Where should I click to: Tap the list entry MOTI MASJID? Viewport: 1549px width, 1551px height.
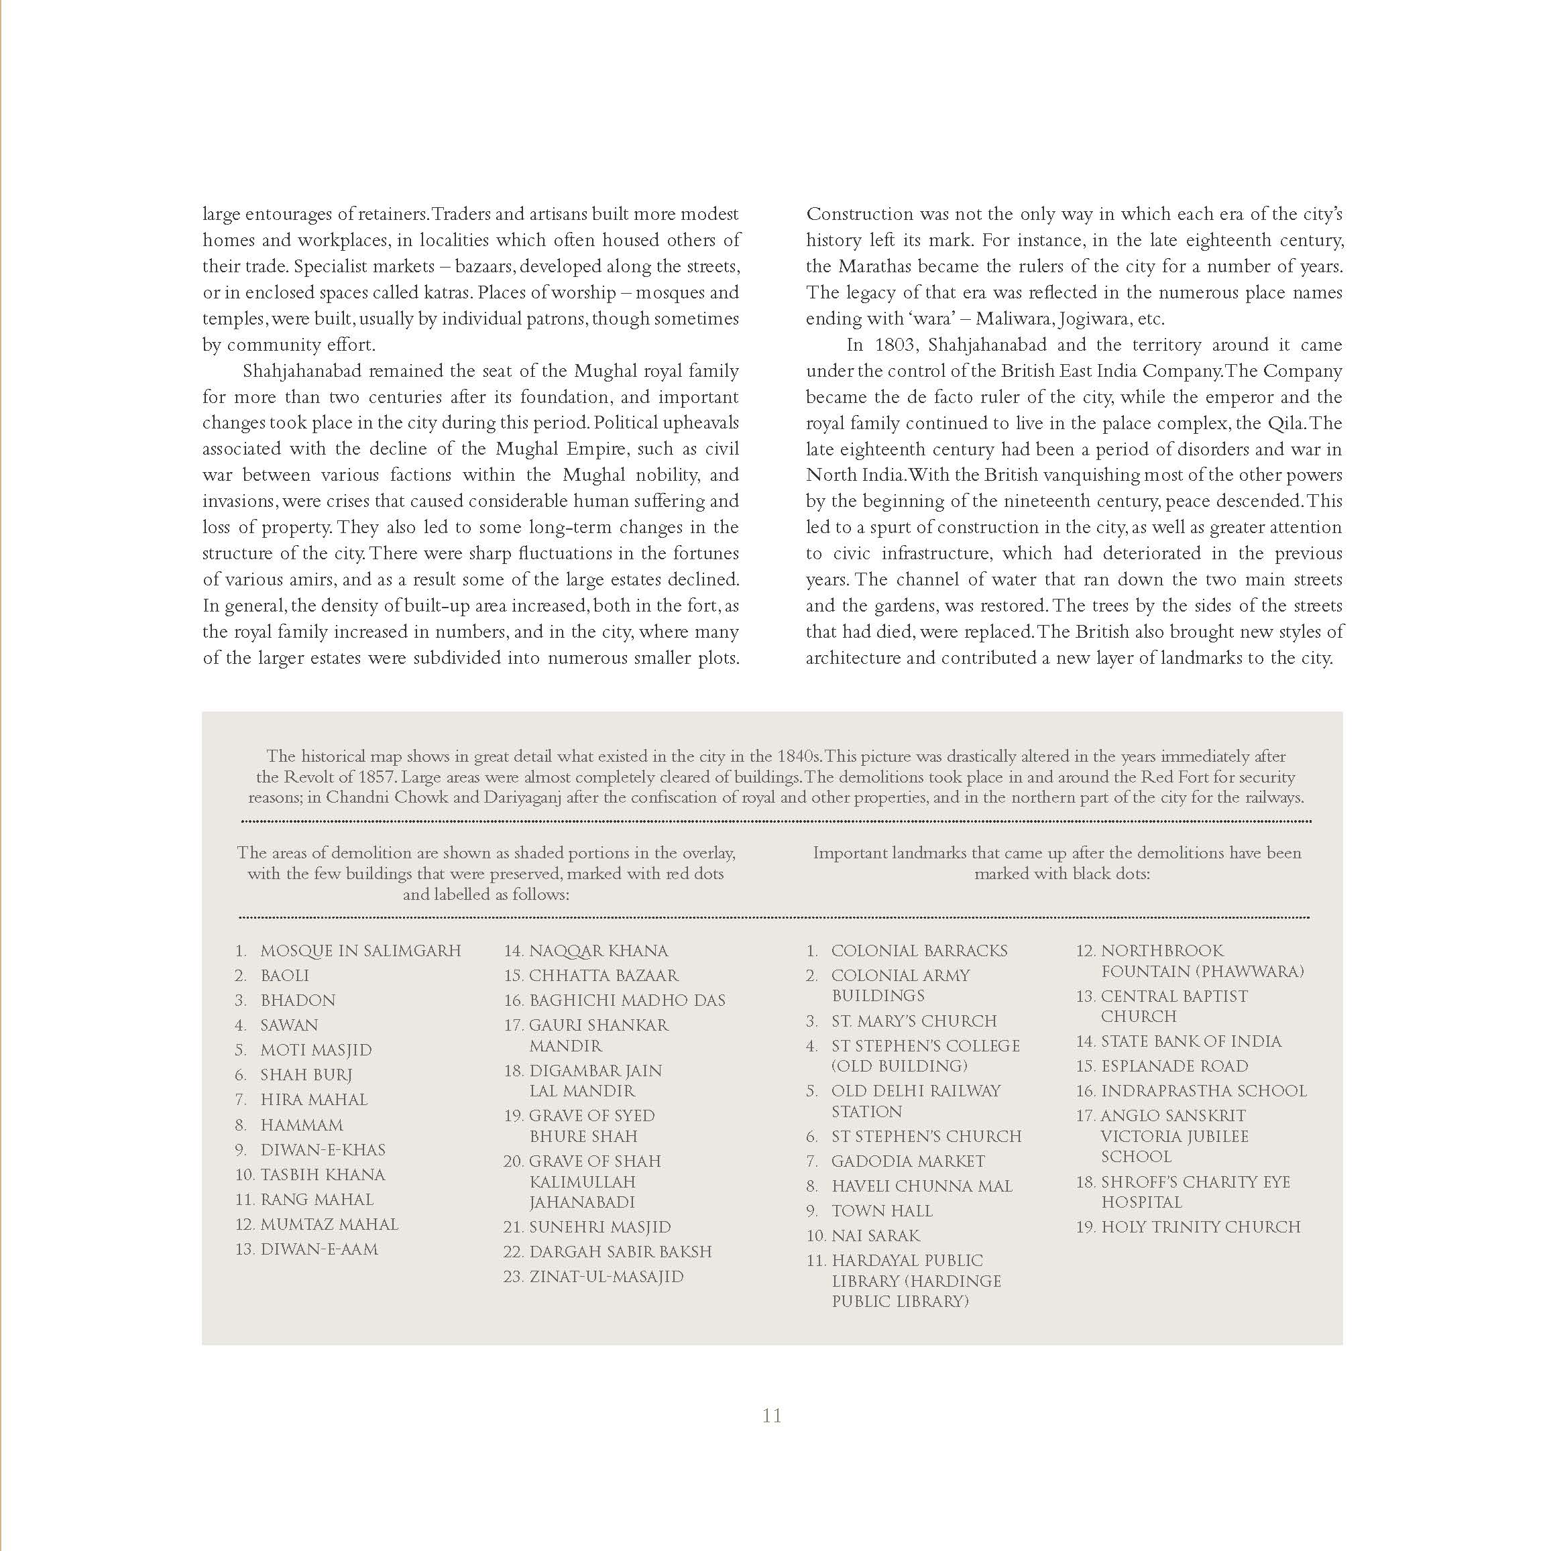click(316, 1050)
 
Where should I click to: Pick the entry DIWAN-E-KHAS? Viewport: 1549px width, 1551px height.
click(323, 1149)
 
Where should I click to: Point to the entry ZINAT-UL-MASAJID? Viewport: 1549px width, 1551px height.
click(606, 1277)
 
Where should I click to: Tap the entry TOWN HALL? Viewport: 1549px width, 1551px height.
click(882, 1210)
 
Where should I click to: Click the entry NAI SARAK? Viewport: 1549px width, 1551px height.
click(875, 1235)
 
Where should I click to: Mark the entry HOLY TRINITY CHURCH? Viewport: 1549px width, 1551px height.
click(1200, 1226)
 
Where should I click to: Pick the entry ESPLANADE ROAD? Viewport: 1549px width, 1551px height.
click(1174, 1066)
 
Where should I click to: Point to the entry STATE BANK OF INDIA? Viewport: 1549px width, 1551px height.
click(1191, 1041)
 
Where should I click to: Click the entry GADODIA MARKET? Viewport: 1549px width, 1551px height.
click(907, 1161)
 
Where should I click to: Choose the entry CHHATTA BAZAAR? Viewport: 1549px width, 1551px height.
click(603, 976)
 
